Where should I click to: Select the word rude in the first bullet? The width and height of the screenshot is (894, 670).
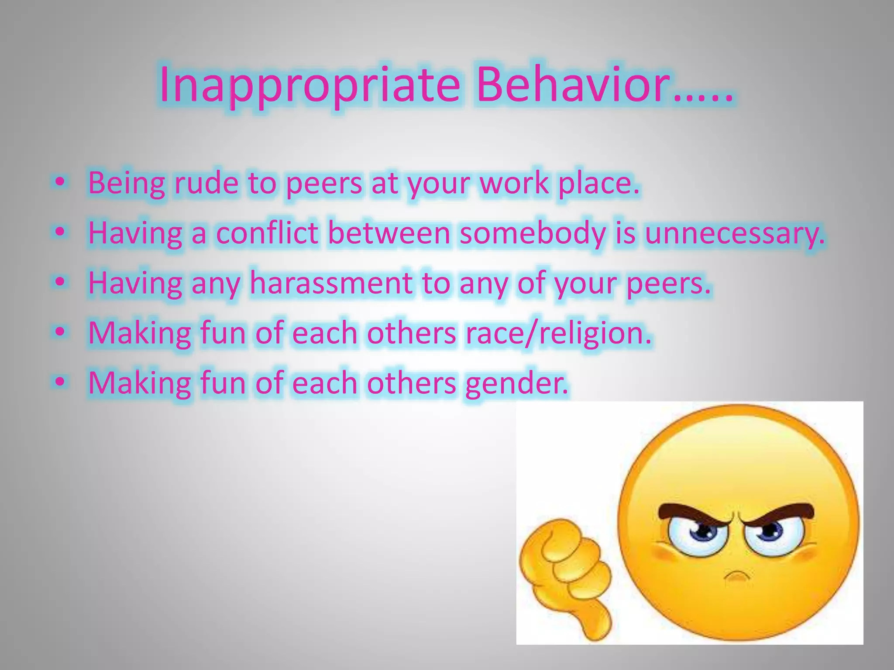206,183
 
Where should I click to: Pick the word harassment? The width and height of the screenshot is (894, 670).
331,283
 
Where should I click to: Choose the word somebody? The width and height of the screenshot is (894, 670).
532,233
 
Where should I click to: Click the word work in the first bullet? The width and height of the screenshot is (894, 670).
513,183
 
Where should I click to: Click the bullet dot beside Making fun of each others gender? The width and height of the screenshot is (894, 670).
61,382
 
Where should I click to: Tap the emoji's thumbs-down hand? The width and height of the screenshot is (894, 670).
563,576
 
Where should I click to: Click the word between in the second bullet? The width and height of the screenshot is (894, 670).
389,233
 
